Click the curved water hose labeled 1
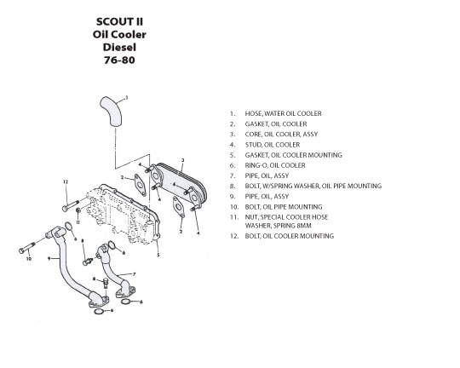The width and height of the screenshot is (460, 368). tap(112, 111)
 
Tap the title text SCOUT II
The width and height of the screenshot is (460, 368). tap(119, 21)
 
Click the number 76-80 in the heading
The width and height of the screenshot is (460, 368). tap(119, 60)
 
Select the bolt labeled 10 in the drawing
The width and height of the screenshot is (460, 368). tap(26, 248)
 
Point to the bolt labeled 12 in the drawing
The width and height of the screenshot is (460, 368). tap(71, 205)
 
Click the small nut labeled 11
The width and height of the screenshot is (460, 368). tap(78, 210)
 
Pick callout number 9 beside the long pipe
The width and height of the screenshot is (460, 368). tap(49, 259)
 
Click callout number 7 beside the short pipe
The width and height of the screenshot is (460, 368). tap(135, 274)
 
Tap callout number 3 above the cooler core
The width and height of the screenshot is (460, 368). tap(183, 160)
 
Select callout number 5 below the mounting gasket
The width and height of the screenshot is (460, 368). tap(158, 255)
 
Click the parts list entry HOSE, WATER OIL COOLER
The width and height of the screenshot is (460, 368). tap(283, 113)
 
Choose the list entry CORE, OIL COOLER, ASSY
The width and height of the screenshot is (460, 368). tap(281, 134)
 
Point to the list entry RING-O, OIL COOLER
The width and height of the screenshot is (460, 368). tap(275, 165)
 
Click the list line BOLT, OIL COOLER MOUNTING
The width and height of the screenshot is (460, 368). tap(290, 236)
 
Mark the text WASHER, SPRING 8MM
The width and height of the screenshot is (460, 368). tap(278, 226)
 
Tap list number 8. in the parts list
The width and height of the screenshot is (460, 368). tap(233, 186)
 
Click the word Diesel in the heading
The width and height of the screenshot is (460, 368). tap(119, 47)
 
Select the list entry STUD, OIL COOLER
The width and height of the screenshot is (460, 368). tap(273, 145)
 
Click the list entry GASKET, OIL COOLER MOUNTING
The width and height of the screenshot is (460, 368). tap(293, 155)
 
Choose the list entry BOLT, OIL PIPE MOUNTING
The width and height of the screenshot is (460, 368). tap(284, 207)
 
